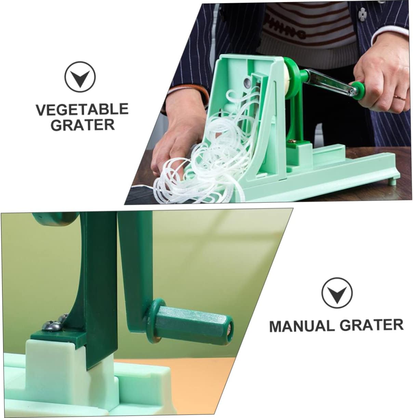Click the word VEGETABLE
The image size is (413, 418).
click(x=82, y=109)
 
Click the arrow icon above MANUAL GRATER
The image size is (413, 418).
click(x=337, y=291)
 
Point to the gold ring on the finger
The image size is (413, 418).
click(x=397, y=98)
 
